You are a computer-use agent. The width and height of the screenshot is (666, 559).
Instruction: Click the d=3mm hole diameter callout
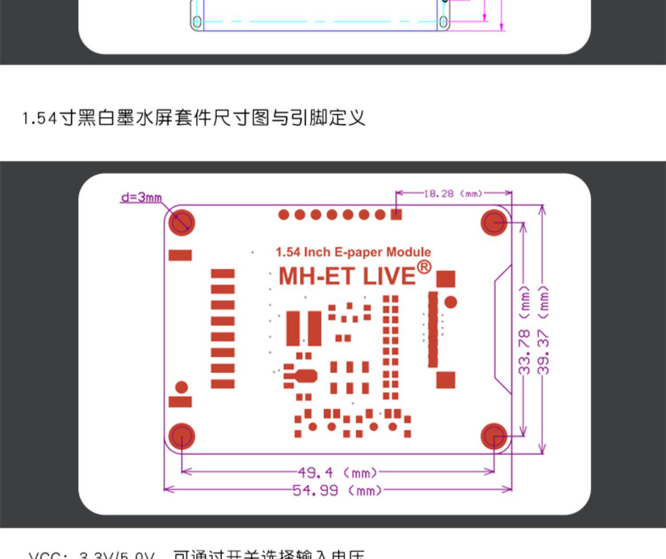(x=141, y=197)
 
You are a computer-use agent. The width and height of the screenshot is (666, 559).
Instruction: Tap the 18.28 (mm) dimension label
(x=452, y=193)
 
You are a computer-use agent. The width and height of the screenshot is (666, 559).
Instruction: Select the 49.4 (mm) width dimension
(x=337, y=472)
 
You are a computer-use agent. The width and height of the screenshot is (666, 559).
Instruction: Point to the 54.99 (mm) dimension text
(x=337, y=491)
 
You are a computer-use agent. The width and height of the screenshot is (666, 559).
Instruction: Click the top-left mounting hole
(x=182, y=222)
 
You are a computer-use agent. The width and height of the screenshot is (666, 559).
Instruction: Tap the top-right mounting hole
(x=494, y=222)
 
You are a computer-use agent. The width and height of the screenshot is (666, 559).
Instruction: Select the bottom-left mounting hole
(x=182, y=436)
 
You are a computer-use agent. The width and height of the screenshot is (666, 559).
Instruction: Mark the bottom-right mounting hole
(x=494, y=436)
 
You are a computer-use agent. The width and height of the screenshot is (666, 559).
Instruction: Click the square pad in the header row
(x=396, y=215)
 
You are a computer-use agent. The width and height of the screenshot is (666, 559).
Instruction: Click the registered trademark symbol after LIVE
(x=424, y=267)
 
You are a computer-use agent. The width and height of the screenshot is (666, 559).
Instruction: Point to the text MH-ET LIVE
(x=347, y=276)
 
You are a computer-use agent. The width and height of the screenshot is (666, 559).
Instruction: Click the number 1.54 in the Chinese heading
(x=40, y=118)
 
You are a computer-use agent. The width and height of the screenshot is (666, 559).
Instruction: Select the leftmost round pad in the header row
(x=284, y=215)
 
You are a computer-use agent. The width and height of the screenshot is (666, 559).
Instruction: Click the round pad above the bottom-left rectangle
(x=182, y=387)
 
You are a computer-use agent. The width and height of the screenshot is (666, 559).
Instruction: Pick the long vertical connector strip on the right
(x=433, y=329)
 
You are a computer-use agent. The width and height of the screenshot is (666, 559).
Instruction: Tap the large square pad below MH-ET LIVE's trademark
(x=445, y=279)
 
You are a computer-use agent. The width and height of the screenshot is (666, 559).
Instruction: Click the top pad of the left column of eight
(x=222, y=273)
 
